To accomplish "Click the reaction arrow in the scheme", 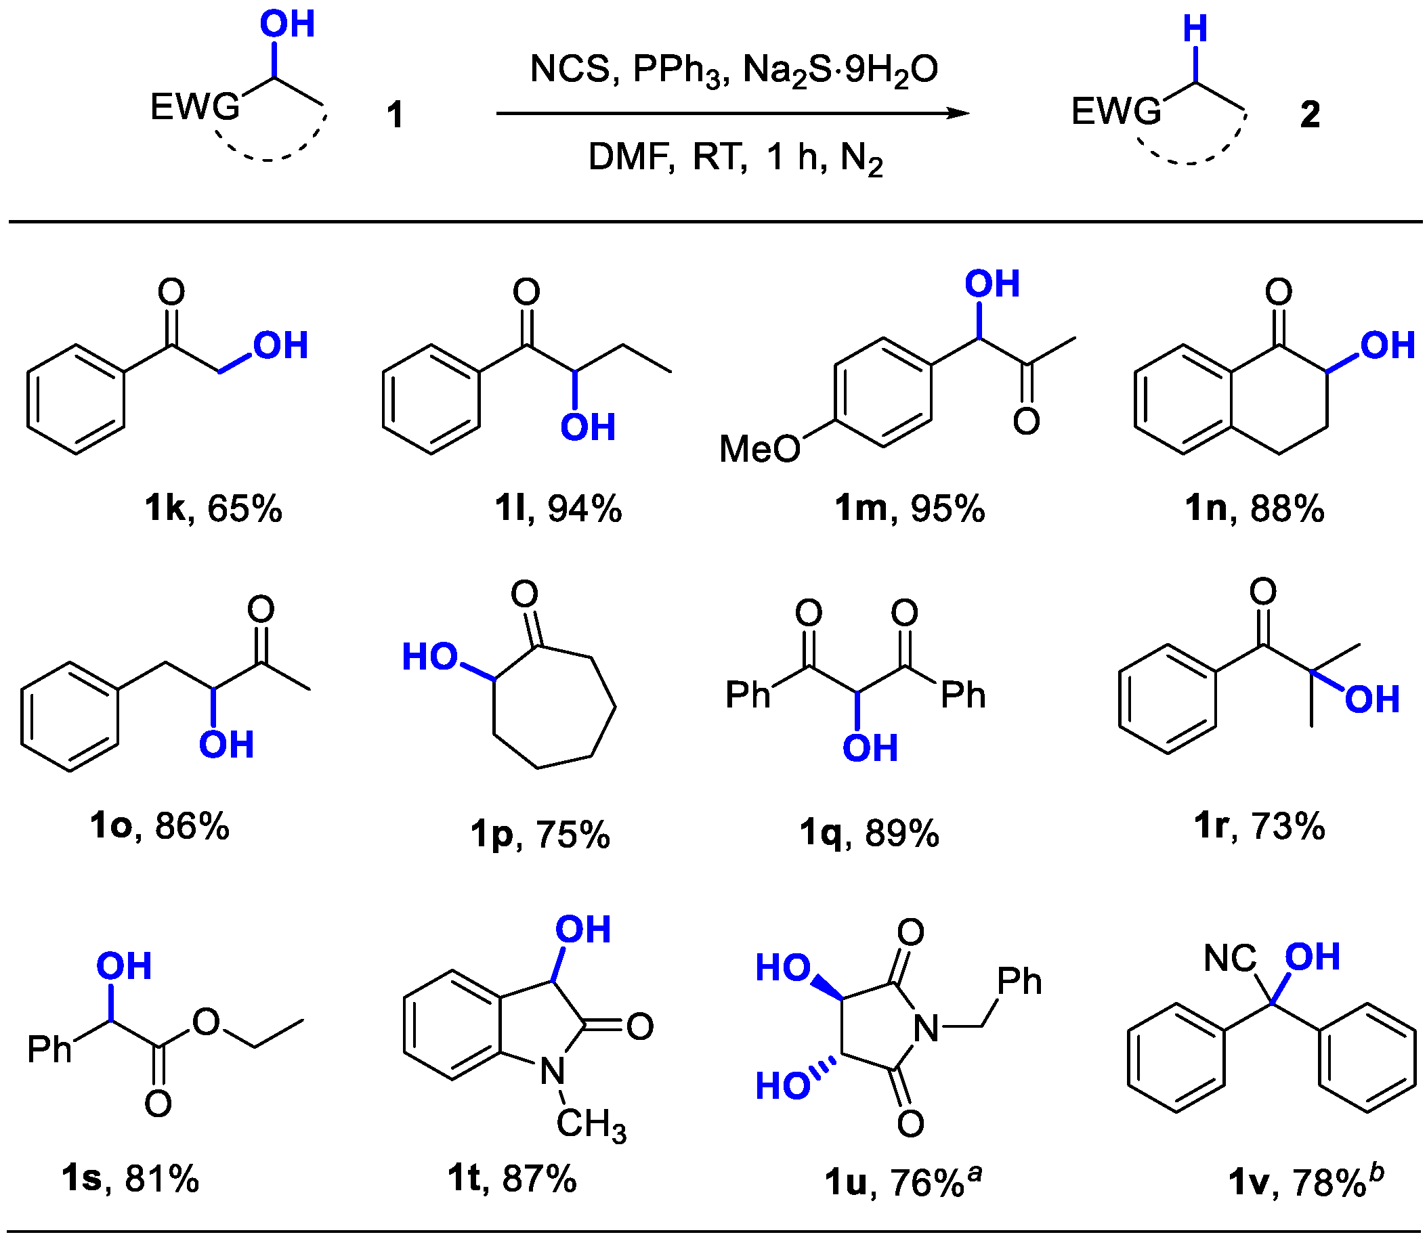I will (733, 113).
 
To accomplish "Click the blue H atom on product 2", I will (1195, 30).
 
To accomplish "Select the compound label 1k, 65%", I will (213, 509).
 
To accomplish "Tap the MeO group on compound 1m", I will (759, 450).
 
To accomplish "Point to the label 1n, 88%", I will (1254, 509).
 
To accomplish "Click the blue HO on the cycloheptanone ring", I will (430, 657).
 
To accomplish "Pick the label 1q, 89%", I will (870, 833).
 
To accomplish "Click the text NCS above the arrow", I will (570, 69).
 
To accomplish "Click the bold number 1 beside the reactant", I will (395, 114).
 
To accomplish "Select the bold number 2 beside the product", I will (1309, 114).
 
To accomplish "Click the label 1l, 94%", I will (557, 509).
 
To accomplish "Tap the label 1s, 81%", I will (130, 1179).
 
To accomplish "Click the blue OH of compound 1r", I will (1372, 700).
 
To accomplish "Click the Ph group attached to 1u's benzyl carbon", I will (1019, 982).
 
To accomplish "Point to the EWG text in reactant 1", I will (194, 108).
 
